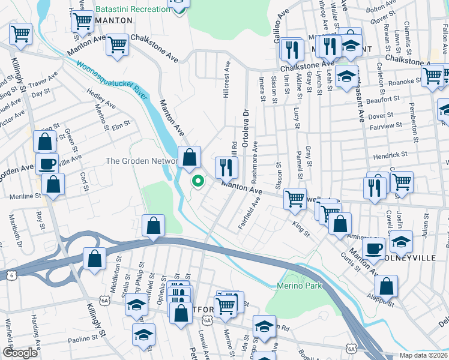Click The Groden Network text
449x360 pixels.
(141, 161)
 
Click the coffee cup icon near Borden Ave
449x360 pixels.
(47, 163)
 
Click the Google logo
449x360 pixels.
(20, 353)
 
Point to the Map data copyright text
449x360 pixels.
(423, 355)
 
